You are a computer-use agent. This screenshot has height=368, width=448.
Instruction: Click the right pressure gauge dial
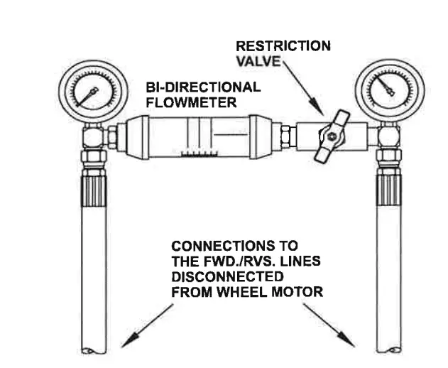(x=383, y=89)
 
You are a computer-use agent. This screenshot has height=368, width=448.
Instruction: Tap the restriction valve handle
(x=331, y=135)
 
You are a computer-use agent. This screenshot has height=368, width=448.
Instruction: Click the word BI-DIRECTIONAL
(x=202, y=87)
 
